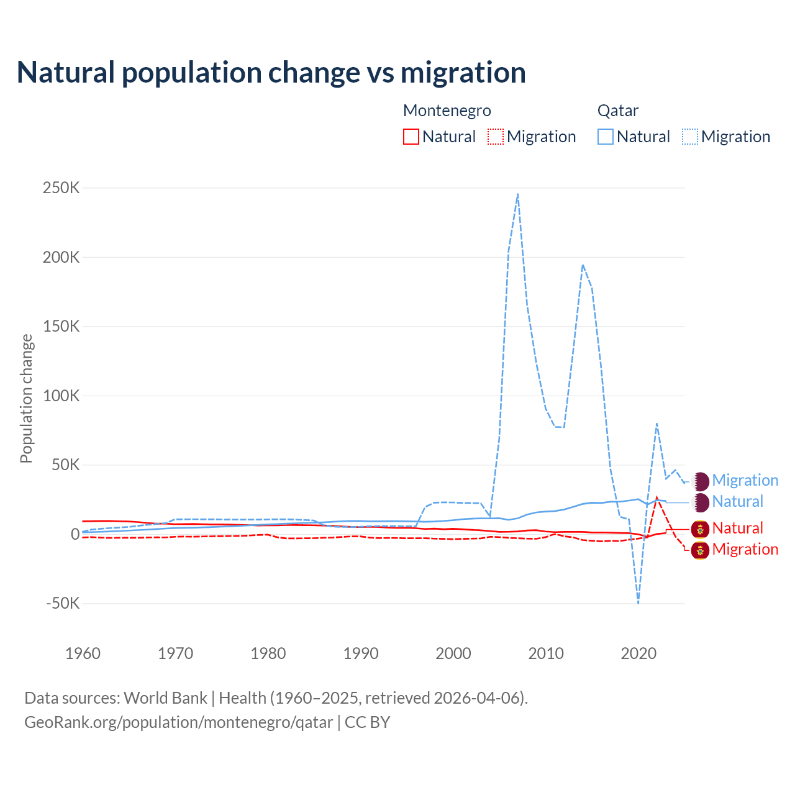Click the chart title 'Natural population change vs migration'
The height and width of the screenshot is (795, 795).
coord(271,73)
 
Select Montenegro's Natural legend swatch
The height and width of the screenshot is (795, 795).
coord(411,137)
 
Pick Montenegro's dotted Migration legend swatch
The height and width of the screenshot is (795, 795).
coord(496,137)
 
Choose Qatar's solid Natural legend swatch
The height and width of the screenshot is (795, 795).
coord(606,137)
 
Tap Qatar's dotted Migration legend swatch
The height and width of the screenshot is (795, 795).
coord(690,137)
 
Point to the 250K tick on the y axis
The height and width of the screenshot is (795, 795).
coord(61,188)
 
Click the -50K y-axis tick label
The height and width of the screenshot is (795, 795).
coord(63,603)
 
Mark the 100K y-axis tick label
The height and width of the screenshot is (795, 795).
coord(61,396)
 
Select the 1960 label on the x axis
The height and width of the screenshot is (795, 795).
coord(83,653)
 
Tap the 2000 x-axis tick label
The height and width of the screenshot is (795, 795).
coord(453,653)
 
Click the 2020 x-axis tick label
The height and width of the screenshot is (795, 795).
coord(638,653)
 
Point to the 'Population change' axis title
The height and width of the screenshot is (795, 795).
coord(26,398)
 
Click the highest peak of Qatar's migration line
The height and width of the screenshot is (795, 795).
coord(517,194)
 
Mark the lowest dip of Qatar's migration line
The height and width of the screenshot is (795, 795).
coord(638,602)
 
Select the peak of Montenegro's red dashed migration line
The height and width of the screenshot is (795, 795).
coord(656,497)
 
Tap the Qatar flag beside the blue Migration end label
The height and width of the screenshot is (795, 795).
coord(701,481)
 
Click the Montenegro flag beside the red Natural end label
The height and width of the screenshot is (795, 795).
coord(701,529)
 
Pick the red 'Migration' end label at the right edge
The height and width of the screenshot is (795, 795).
coord(745,550)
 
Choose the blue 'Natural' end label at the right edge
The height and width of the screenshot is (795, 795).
coord(737,502)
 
